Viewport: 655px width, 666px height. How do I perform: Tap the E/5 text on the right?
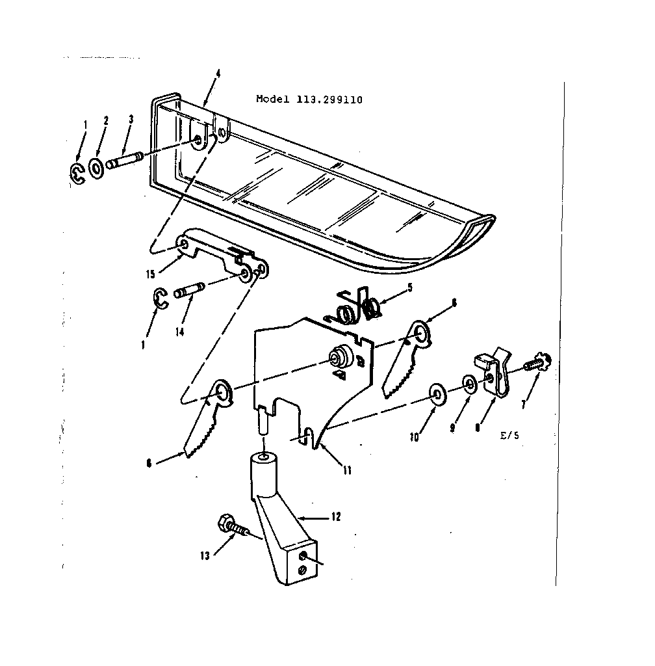pyautogui.click(x=509, y=437)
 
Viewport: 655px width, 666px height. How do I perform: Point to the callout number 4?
pyautogui.click(x=218, y=73)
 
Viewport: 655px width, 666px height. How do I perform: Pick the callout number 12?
pyautogui.click(x=335, y=517)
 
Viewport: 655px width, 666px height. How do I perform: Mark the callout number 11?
pyautogui.click(x=347, y=470)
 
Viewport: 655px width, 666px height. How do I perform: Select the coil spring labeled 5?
pyautogui.click(x=355, y=308)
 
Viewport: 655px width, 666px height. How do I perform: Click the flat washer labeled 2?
pyautogui.click(x=96, y=170)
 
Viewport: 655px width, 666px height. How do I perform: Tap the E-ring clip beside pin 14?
pyautogui.click(x=161, y=297)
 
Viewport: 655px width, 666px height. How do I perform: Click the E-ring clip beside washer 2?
pyautogui.click(x=77, y=174)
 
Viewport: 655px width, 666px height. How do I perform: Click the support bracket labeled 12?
pyautogui.click(x=279, y=520)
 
